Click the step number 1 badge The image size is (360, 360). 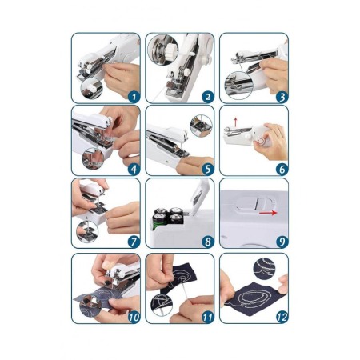coord(134,97)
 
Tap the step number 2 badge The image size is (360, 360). coord(208,97)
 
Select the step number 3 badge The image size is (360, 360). coord(282,97)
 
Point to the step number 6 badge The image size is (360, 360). coord(282,169)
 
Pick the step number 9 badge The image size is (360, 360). coord(282,242)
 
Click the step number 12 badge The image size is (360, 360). coord(282,317)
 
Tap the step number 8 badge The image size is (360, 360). coord(208,242)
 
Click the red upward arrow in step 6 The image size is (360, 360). coord(235,122)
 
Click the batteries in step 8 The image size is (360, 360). coord(167,218)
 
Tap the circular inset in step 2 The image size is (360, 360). coord(163,50)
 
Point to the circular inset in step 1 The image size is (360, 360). coord(92,89)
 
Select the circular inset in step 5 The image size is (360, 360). coord(201,126)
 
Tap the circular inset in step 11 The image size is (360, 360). coord(162,305)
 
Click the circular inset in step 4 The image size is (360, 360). coord(93,159)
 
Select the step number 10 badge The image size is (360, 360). coord(134,317)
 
